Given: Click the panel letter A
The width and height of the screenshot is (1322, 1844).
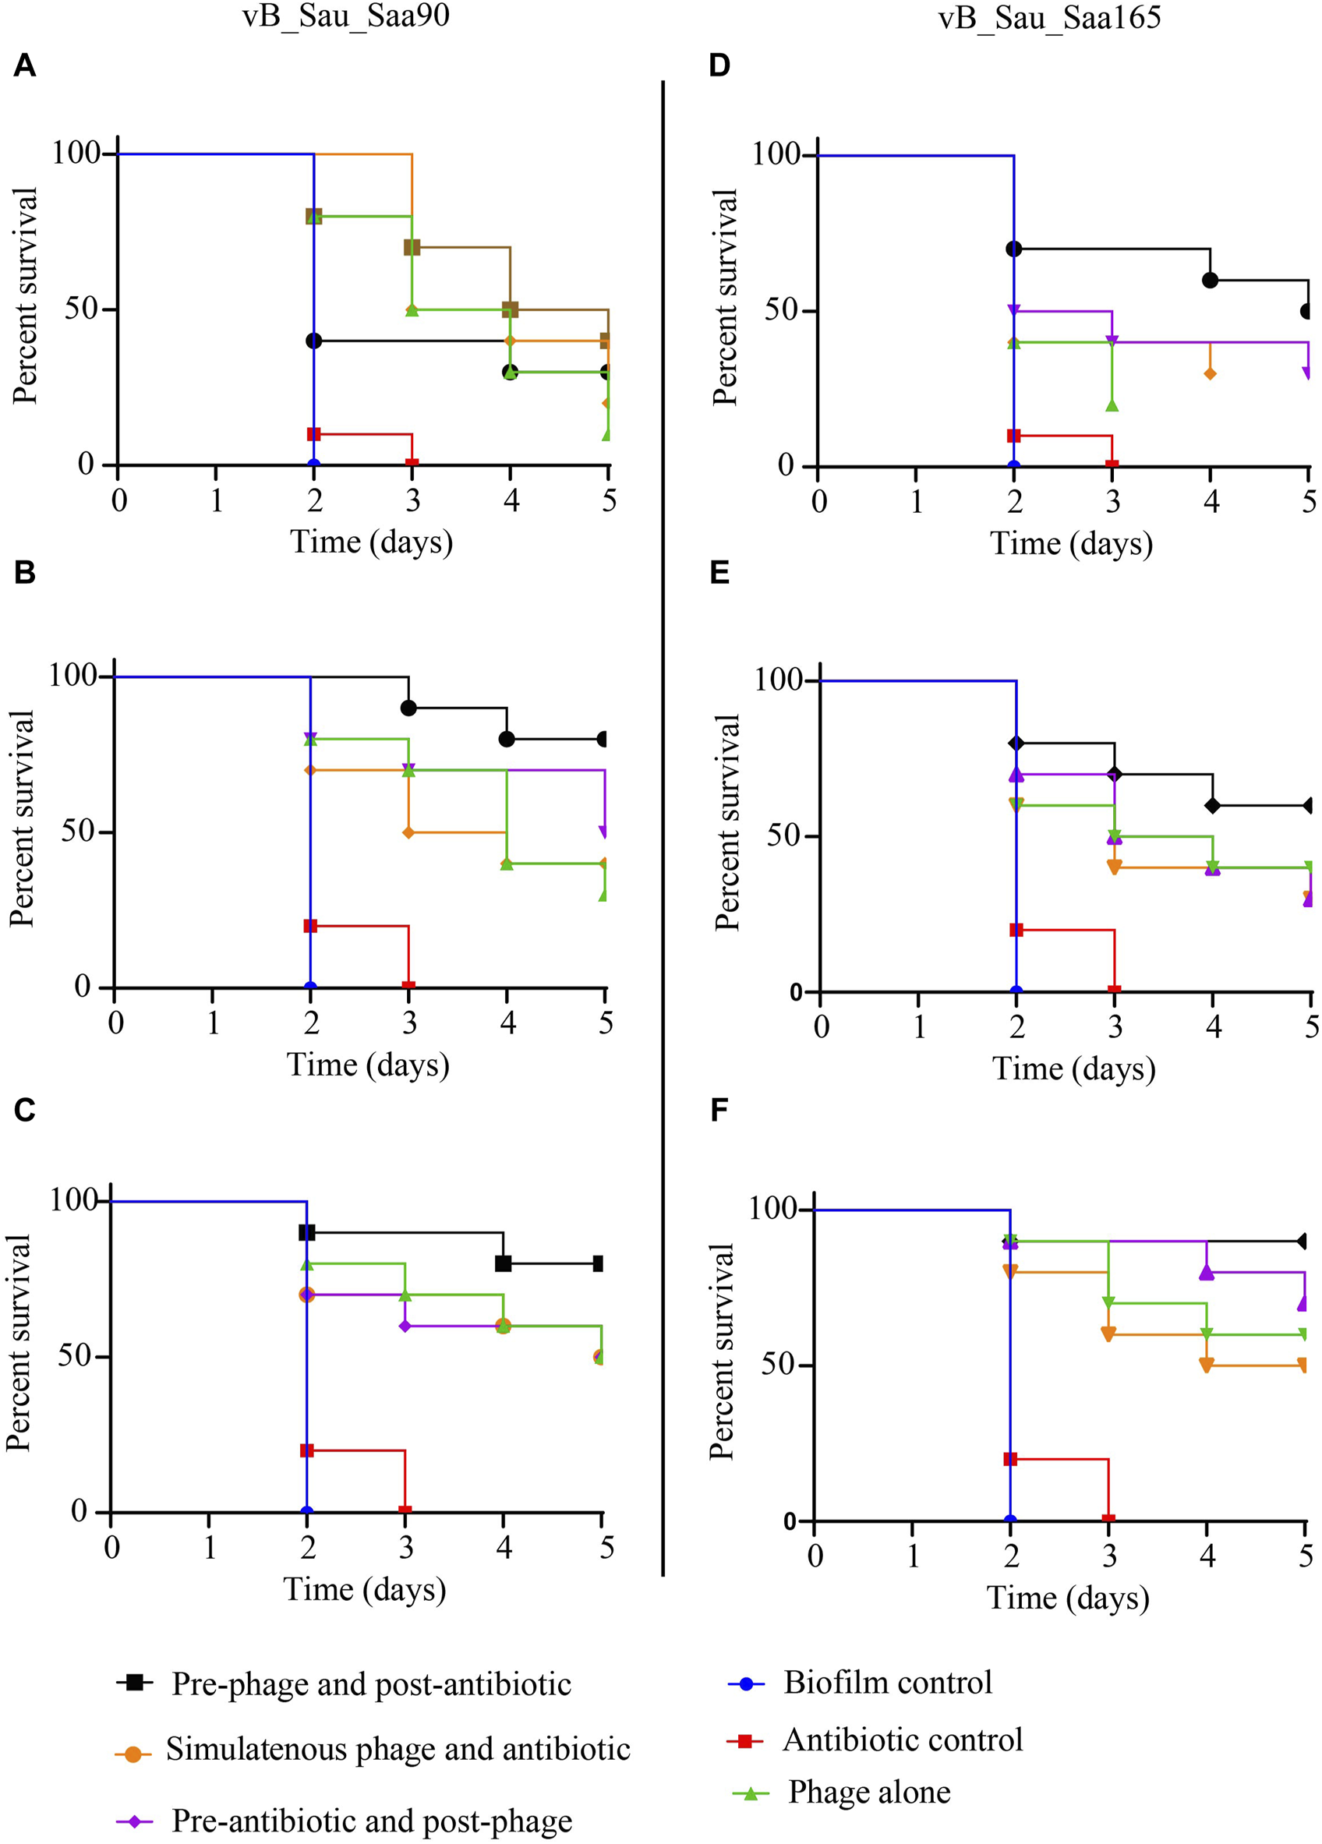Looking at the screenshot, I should click(x=24, y=65).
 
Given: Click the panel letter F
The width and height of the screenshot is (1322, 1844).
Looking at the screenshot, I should click(x=719, y=1110).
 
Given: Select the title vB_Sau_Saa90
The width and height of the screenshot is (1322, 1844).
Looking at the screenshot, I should click(x=345, y=17).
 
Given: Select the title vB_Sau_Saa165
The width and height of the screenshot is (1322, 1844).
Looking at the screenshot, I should click(x=1049, y=17).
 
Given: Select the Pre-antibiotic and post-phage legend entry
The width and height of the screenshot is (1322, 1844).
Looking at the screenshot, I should click(x=372, y=1821).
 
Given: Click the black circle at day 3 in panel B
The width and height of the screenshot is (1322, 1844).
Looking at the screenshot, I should click(x=409, y=708).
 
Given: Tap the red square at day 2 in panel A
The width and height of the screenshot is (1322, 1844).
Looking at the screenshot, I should click(x=314, y=434).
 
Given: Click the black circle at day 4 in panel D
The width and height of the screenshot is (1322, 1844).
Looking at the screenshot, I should click(x=1210, y=280).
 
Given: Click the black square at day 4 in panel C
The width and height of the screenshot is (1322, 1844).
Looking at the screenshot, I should click(x=504, y=1263).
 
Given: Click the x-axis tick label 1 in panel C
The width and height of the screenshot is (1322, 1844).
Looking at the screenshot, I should click(x=210, y=1546).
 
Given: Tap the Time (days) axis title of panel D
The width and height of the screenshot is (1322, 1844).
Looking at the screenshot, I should click(x=1071, y=543).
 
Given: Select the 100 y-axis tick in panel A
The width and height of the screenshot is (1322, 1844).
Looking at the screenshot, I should click(x=75, y=153).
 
